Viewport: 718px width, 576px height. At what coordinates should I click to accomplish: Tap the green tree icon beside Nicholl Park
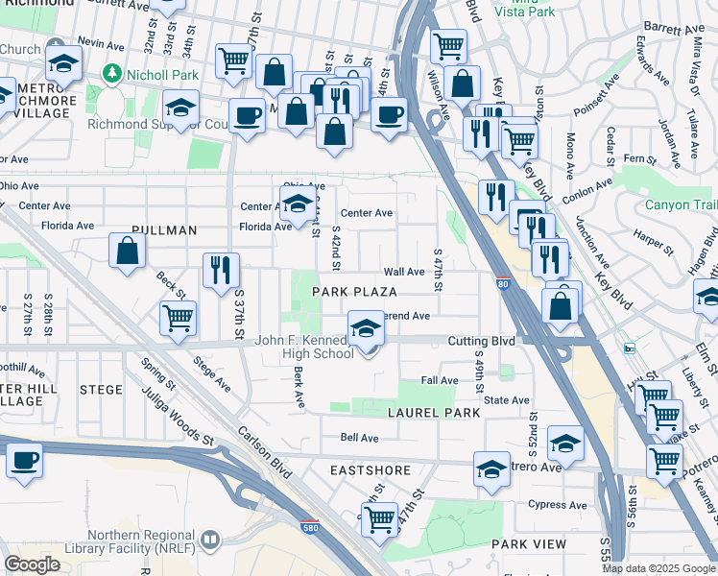(x=112, y=72)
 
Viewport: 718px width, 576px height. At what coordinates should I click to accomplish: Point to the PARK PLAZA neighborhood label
(x=353, y=291)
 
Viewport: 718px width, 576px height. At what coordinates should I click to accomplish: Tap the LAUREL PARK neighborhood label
(x=426, y=412)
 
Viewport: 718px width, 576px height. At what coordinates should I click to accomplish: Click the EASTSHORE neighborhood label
(x=370, y=470)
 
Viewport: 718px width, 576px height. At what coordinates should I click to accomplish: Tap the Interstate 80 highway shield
(x=503, y=284)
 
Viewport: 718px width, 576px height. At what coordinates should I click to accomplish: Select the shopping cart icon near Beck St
(x=179, y=318)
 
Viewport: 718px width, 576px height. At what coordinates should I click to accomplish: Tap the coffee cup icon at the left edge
(x=24, y=459)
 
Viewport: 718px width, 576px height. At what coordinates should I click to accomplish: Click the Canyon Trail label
(x=680, y=204)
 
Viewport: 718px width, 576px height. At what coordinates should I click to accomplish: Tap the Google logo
(x=33, y=564)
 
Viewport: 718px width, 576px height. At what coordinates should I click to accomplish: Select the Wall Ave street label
(x=403, y=273)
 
